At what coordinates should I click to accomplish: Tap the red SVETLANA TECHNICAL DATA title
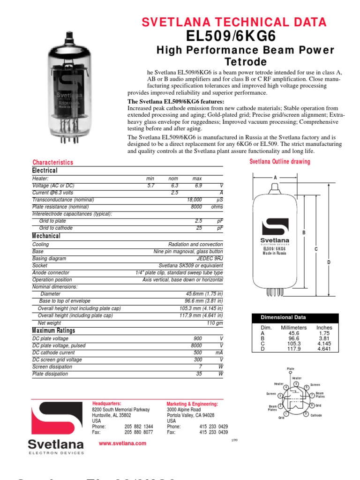click(234, 22)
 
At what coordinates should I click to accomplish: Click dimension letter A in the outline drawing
click(275, 178)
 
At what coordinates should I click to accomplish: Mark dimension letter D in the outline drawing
click(329, 262)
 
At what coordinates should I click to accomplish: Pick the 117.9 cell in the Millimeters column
click(293, 349)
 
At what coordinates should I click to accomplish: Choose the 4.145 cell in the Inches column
click(324, 344)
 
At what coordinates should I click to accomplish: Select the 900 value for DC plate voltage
click(197, 338)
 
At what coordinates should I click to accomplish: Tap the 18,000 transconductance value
click(195, 199)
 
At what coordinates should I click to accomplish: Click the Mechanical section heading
click(46, 236)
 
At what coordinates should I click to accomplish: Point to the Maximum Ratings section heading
click(53, 330)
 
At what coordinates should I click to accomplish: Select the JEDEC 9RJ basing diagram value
click(210, 258)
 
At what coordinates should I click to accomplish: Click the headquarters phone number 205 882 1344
click(139, 427)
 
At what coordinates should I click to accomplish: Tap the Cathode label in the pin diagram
click(316, 415)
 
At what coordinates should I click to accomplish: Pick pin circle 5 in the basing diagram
click(296, 384)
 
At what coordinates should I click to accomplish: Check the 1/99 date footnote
click(235, 441)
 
